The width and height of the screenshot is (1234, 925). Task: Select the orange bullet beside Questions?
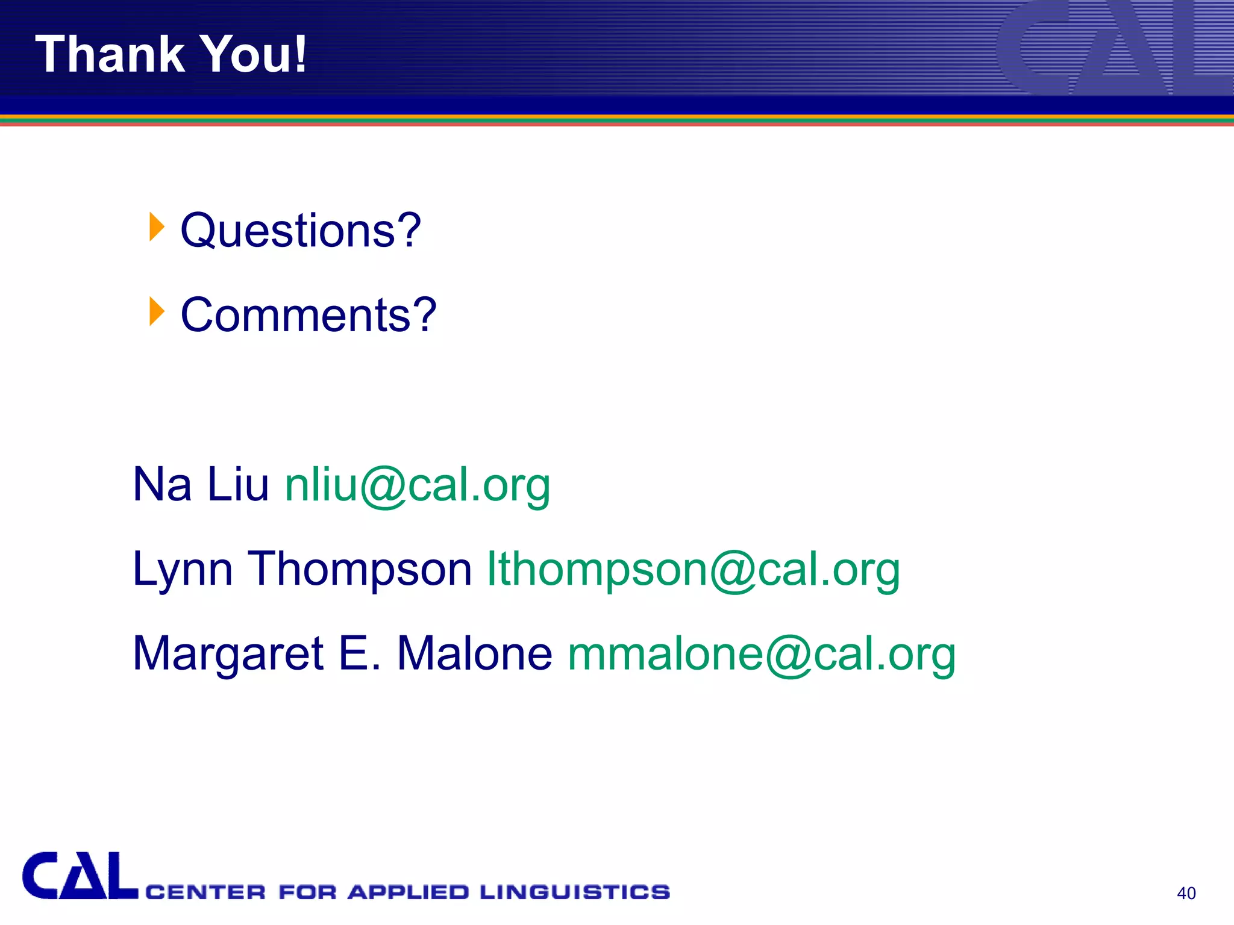(157, 227)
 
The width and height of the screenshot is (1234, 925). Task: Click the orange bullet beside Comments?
(157, 311)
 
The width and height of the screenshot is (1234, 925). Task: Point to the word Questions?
(301, 231)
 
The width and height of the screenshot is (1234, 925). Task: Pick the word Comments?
(308, 315)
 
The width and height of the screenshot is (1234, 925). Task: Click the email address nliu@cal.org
(418, 485)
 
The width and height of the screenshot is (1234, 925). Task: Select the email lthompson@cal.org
(694, 570)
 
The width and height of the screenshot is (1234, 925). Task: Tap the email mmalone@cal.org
(762, 655)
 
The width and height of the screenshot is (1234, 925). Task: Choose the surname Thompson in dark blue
(360, 570)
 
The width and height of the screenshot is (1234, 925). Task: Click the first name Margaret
(228, 655)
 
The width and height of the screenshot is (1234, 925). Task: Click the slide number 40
(1186, 893)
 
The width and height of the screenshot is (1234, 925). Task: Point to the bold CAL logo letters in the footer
(80, 876)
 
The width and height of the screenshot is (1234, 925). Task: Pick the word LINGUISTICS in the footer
(575, 892)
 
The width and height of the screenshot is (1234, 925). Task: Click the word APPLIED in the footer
(408, 892)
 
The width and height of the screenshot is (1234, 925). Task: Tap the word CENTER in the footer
(205, 892)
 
